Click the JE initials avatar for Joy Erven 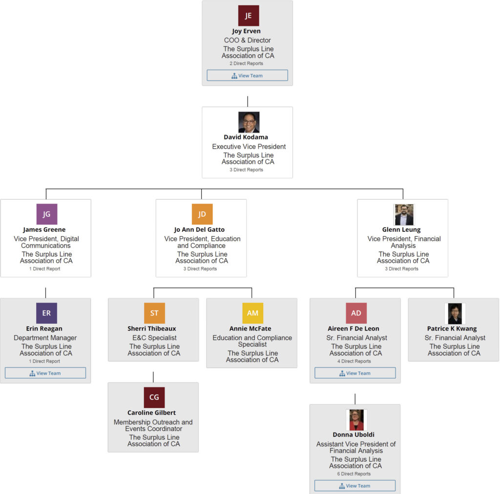coord(249,16)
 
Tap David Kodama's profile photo coord(249,122)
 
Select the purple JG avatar coord(47,214)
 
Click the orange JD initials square coord(202,214)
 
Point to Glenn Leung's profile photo coord(403,215)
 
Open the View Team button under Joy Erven coord(247,75)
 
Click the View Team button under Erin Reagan coord(45,373)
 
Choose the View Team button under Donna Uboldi coord(355,486)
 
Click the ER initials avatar coord(46,313)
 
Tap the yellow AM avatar coord(252,313)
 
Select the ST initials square coord(154,313)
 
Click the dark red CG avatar coord(154,397)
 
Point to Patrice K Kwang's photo coord(454,314)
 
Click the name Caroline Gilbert coord(151,413)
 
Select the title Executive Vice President coord(249,147)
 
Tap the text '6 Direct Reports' coord(355,474)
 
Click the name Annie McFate coord(250,329)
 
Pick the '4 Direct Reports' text coord(355,361)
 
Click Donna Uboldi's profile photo coord(356,420)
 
